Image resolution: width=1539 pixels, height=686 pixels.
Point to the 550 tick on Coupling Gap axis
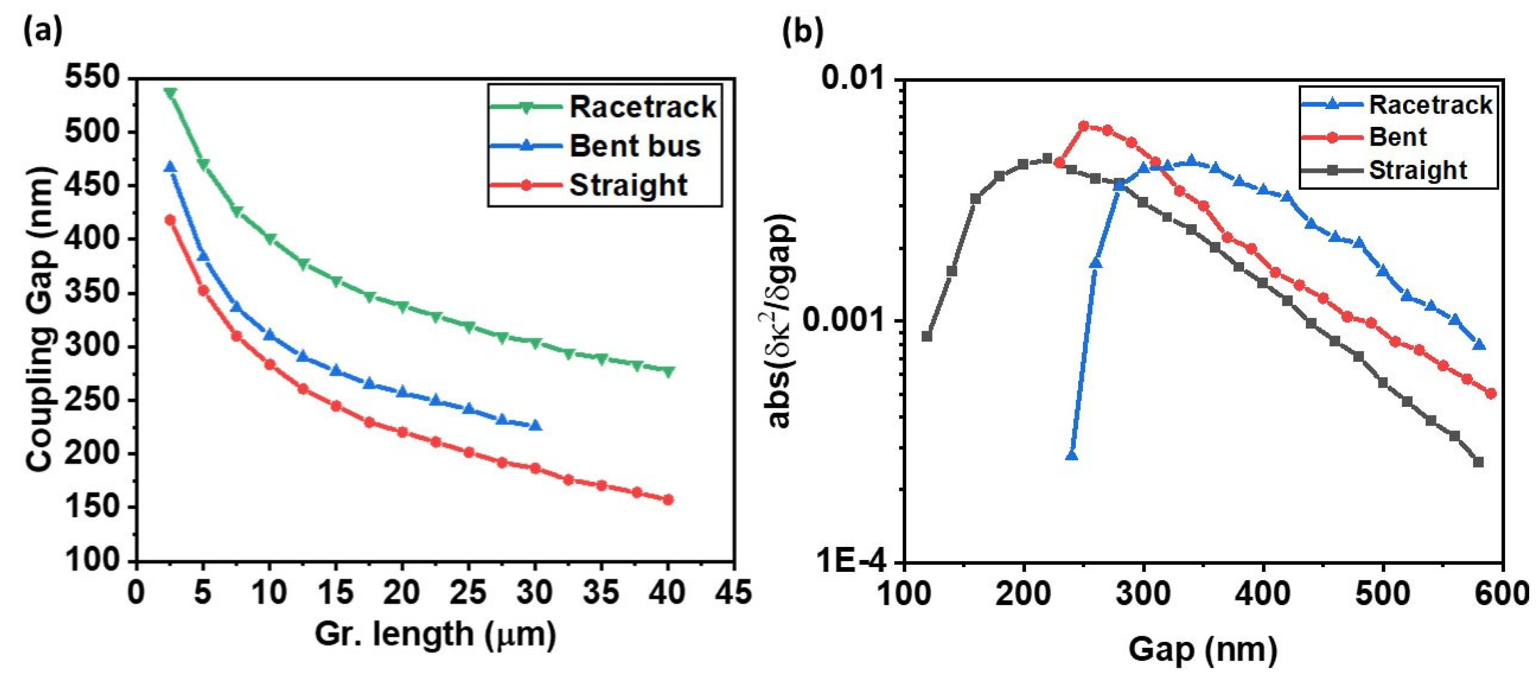point(91,78)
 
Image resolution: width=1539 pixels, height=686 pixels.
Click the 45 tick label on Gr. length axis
point(733,593)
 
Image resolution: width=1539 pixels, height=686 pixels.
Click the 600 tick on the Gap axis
point(1501,595)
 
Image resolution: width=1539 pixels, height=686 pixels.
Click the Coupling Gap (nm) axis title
point(40,320)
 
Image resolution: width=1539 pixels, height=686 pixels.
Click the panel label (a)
point(42,31)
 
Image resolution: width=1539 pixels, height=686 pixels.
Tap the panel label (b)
point(802,31)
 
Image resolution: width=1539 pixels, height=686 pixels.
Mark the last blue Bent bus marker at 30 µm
point(535,426)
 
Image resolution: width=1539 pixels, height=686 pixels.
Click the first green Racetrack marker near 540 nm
point(170,93)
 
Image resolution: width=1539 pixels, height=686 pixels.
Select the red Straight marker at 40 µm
point(668,500)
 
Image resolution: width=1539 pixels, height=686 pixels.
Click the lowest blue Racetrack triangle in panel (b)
point(1072,456)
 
